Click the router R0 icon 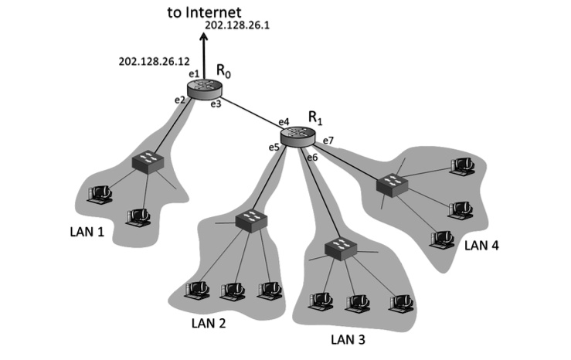coord(204,87)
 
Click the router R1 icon coord(297,136)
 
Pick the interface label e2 coord(180,100)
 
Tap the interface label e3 coord(216,104)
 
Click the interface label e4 coord(284,121)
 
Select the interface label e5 coord(274,147)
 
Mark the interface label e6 coord(311,158)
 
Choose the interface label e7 coord(328,140)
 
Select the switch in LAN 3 coord(337,250)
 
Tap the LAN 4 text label coord(483,246)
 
